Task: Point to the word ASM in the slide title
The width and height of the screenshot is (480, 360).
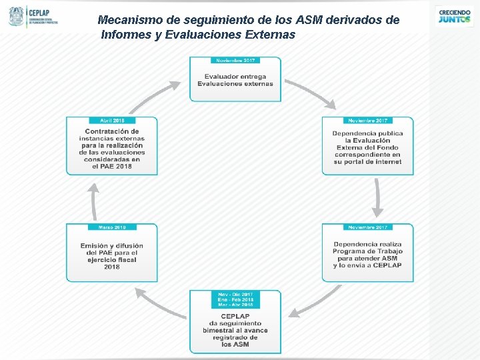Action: [x=306, y=20]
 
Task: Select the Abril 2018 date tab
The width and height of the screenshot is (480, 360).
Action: [x=112, y=121]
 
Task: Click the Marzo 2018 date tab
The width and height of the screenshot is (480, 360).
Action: [x=112, y=227]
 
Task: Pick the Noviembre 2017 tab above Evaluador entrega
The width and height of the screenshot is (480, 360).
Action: [x=235, y=60]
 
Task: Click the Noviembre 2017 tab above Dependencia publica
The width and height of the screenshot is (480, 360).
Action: [x=368, y=121]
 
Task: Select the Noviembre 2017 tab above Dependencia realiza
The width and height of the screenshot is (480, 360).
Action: [x=368, y=227]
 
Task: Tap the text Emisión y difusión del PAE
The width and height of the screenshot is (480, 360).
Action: [x=112, y=256]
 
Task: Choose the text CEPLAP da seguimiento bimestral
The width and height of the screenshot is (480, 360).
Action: [x=235, y=330]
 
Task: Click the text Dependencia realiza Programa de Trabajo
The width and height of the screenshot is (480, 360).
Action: [x=367, y=255]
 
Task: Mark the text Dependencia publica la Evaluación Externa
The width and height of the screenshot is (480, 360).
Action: [x=367, y=147]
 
